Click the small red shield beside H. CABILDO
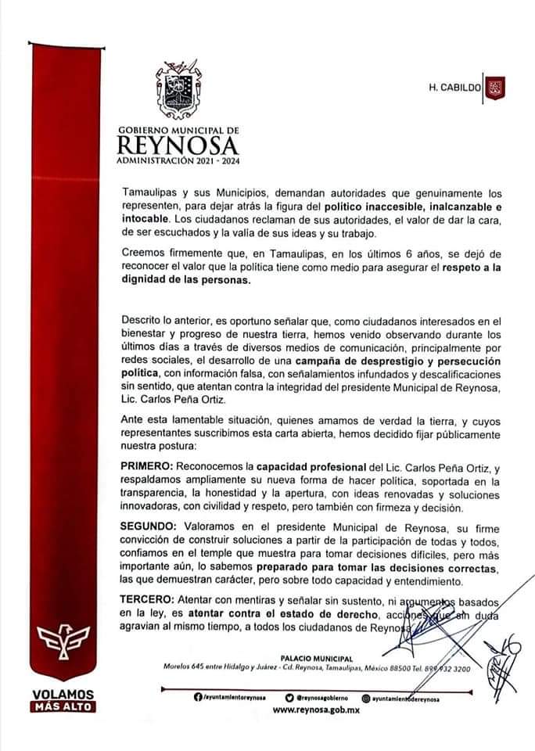[494, 88]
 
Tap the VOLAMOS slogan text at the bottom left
[63, 694]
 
